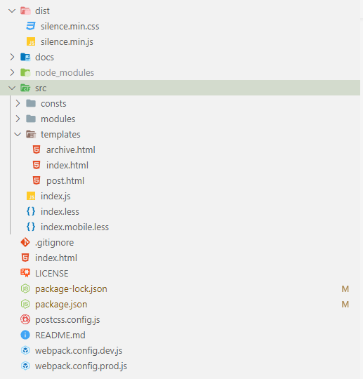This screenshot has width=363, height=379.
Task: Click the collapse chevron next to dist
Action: tap(12, 11)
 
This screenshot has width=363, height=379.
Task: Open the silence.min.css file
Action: tap(70, 27)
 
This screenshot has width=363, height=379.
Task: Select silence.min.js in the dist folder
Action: tap(67, 42)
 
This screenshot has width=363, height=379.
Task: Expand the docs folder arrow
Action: tap(12, 57)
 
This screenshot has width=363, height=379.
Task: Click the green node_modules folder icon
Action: tap(25, 72)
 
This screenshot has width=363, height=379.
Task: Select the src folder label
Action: tap(41, 88)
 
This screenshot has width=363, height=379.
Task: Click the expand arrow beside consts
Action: tap(18, 103)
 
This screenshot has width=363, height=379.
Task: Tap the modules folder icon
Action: tap(31, 119)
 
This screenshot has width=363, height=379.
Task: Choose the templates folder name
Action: tap(60, 134)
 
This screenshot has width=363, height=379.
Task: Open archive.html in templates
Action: tap(71, 150)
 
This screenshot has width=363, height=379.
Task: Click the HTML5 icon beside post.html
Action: tap(37, 180)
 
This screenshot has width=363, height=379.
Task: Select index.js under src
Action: tap(55, 196)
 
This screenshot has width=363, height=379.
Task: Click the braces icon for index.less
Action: tap(31, 211)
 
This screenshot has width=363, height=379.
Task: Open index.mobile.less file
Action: tap(74, 227)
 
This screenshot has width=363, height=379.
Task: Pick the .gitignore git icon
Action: tap(25, 242)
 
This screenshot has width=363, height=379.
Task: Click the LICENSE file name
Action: tap(52, 274)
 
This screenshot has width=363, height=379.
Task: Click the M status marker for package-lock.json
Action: tap(345, 289)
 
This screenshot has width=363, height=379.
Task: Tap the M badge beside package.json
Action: tap(345, 305)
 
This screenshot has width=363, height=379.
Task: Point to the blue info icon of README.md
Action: tap(25, 335)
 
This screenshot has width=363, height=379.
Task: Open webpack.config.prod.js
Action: tap(81, 366)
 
